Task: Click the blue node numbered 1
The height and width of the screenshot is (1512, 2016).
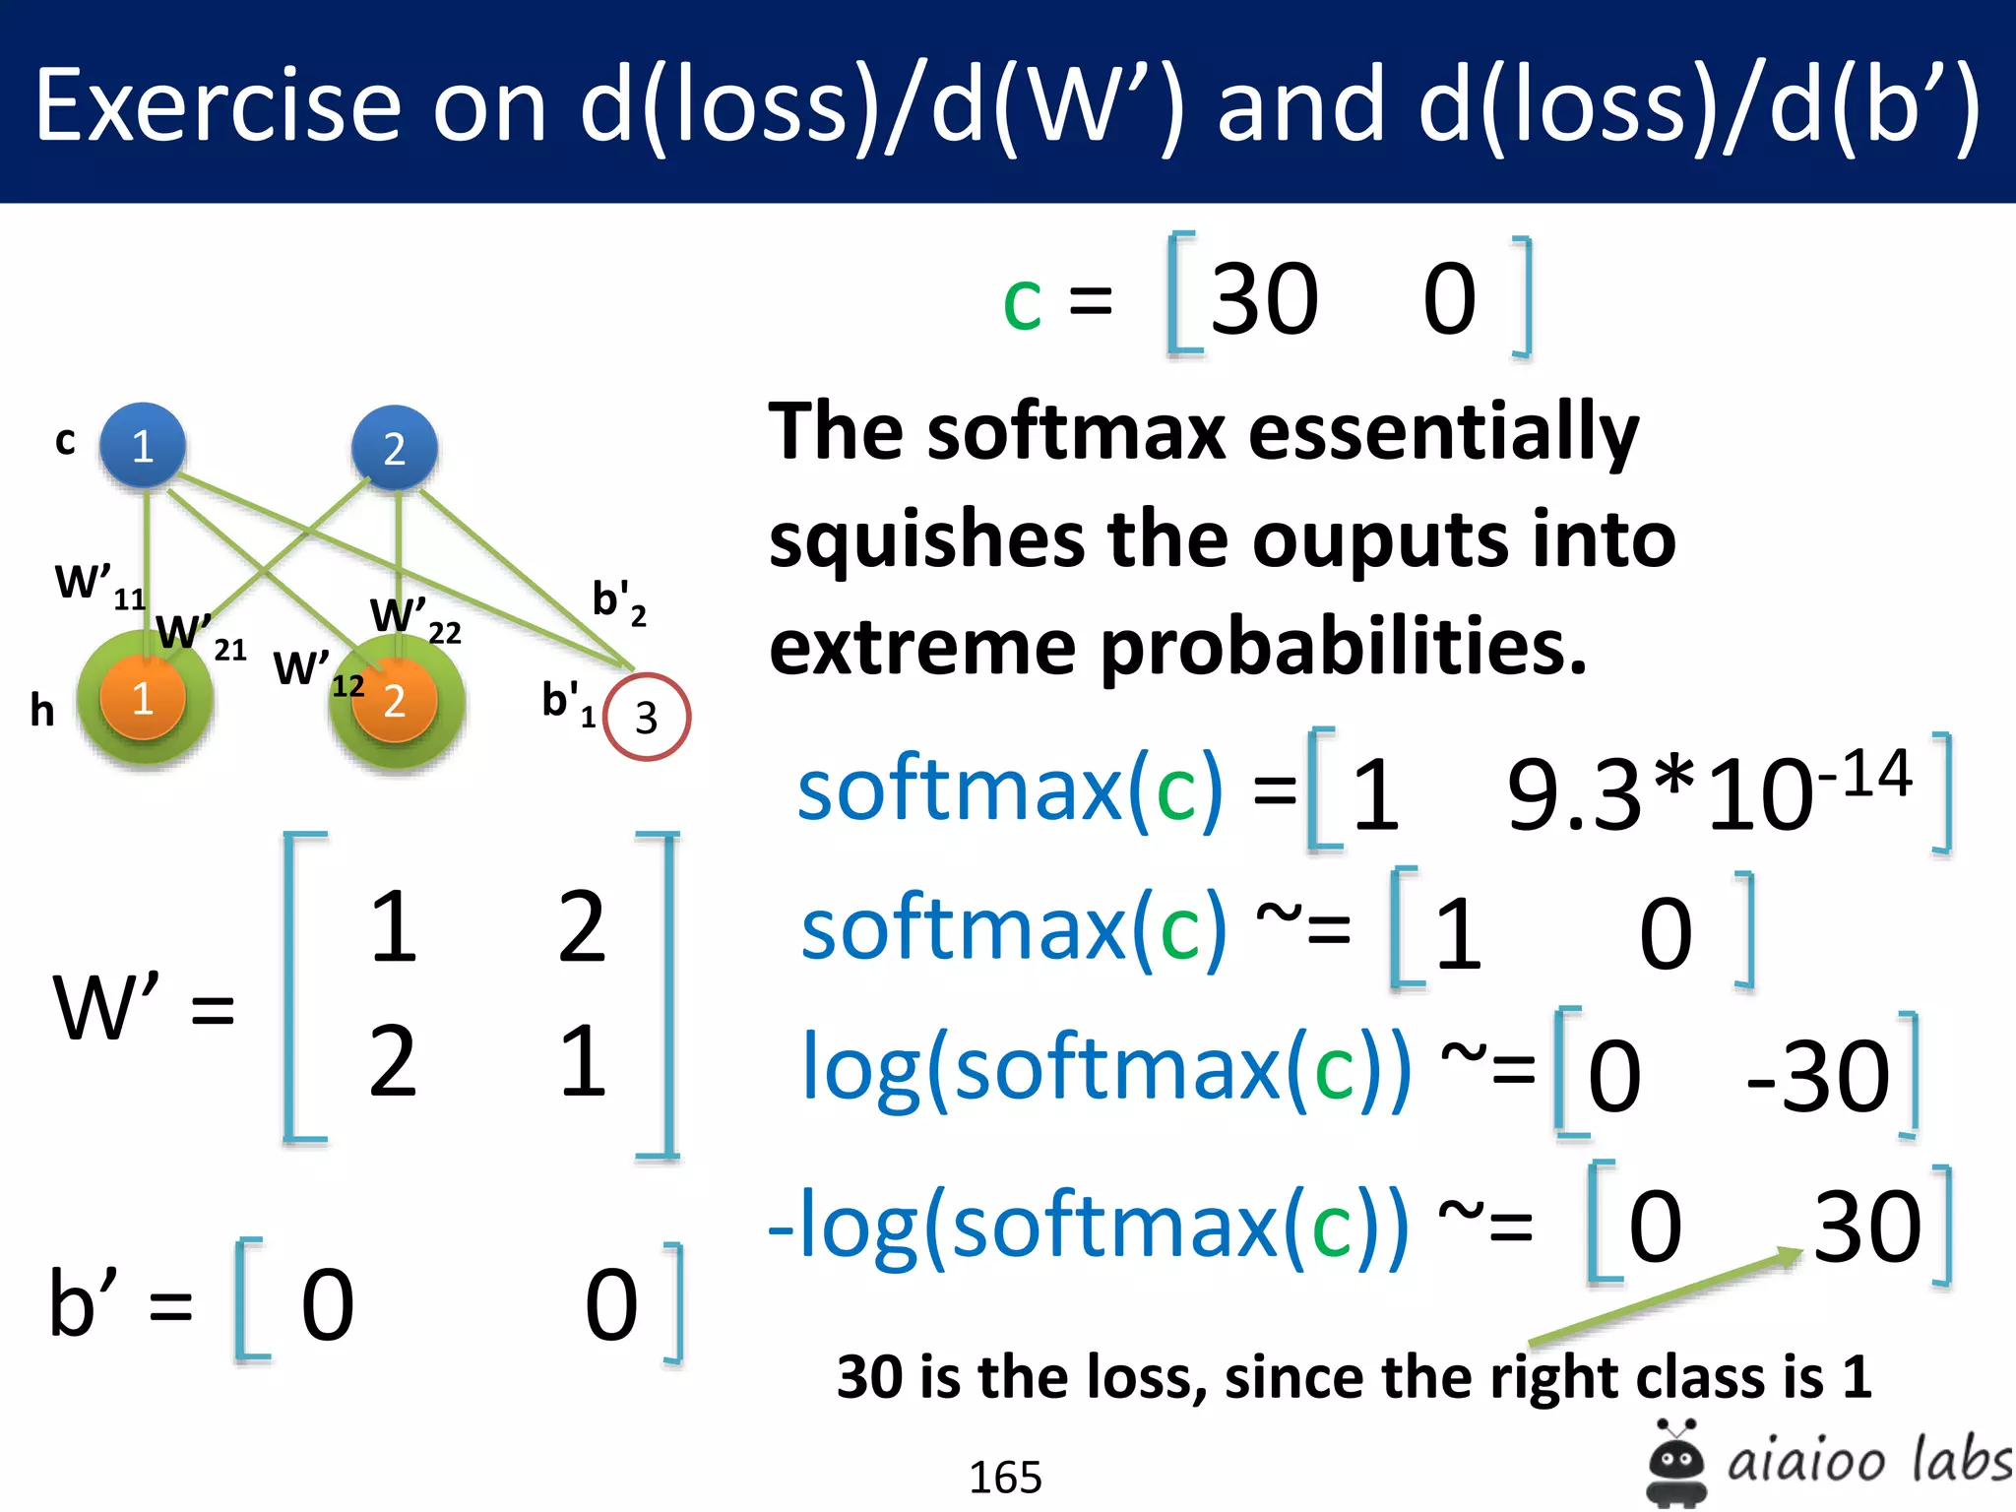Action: tap(143, 446)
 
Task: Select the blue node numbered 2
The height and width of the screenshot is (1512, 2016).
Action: tap(395, 448)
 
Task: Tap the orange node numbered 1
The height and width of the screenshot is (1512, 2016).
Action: tap(143, 699)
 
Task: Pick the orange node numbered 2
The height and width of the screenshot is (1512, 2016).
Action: tap(395, 700)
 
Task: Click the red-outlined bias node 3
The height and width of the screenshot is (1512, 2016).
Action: tap(646, 717)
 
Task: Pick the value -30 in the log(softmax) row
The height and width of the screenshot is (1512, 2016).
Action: tap(1817, 1077)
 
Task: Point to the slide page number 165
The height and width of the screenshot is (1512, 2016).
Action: tap(1005, 1477)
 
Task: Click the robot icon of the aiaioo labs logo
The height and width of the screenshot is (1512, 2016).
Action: tap(1675, 1462)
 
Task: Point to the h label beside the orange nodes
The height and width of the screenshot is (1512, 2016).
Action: tap(41, 709)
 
